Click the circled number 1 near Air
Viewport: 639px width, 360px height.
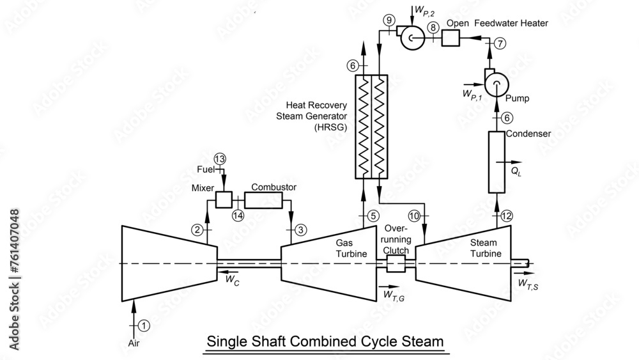tap(144, 325)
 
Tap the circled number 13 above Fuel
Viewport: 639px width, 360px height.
tap(220, 159)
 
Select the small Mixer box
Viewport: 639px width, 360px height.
tap(223, 200)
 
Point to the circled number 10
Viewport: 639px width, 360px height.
tap(414, 216)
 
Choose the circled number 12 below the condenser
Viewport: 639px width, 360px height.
tap(507, 216)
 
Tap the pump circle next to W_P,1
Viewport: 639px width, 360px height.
tap(495, 82)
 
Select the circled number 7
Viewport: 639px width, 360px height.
tap(500, 43)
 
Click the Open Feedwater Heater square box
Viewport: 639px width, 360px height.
tap(451, 38)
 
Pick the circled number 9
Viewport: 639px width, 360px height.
tap(389, 21)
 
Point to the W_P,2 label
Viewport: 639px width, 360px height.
tap(425, 10)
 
